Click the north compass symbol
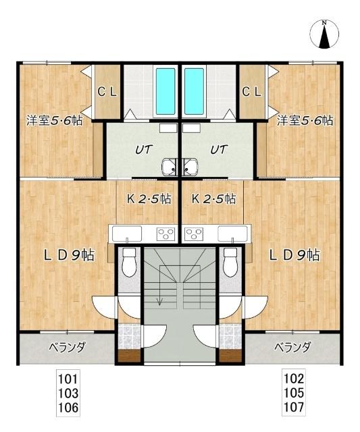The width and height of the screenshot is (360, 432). [324, 34]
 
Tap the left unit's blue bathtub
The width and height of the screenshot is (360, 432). [165, 91]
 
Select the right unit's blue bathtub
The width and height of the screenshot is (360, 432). [194, 91]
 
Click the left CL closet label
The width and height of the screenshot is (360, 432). [107, 92]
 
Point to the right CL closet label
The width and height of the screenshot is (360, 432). [251, 92]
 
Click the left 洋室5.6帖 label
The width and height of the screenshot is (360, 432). [54, 120]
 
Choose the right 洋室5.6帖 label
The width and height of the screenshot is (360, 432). [305, 120]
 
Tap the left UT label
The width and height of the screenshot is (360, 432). [144, 150]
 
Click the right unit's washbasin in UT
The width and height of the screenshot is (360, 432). [190, 167]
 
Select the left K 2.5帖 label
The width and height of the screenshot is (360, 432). [149, 198]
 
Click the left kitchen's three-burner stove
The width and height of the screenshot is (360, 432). [165, 234]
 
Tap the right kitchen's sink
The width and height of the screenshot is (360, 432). [232, 234]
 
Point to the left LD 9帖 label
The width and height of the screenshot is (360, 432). [70, 255]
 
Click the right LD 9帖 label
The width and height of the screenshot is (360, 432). [294, 255]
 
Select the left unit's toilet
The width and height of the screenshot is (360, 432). [129, 262]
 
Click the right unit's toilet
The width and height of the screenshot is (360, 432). [230, 262]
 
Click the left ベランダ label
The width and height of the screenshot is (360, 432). [68, 347]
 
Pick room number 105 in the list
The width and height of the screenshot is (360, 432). [294, 393]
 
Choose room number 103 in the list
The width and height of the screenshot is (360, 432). [68, 393]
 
